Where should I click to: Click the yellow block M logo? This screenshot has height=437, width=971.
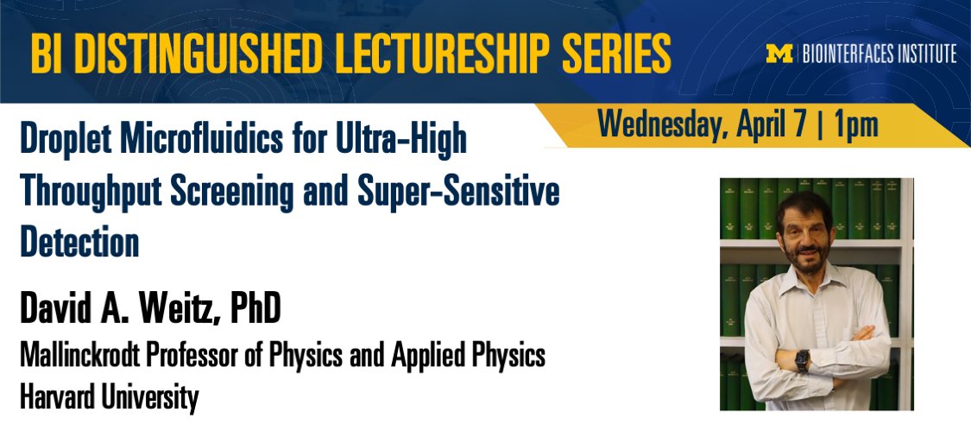(779, 54)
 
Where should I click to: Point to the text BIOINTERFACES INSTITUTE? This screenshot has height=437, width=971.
(879, 54)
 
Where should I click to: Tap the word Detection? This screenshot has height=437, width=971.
(79, 243)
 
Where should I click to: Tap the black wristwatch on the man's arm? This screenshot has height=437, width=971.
(802, 359)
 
